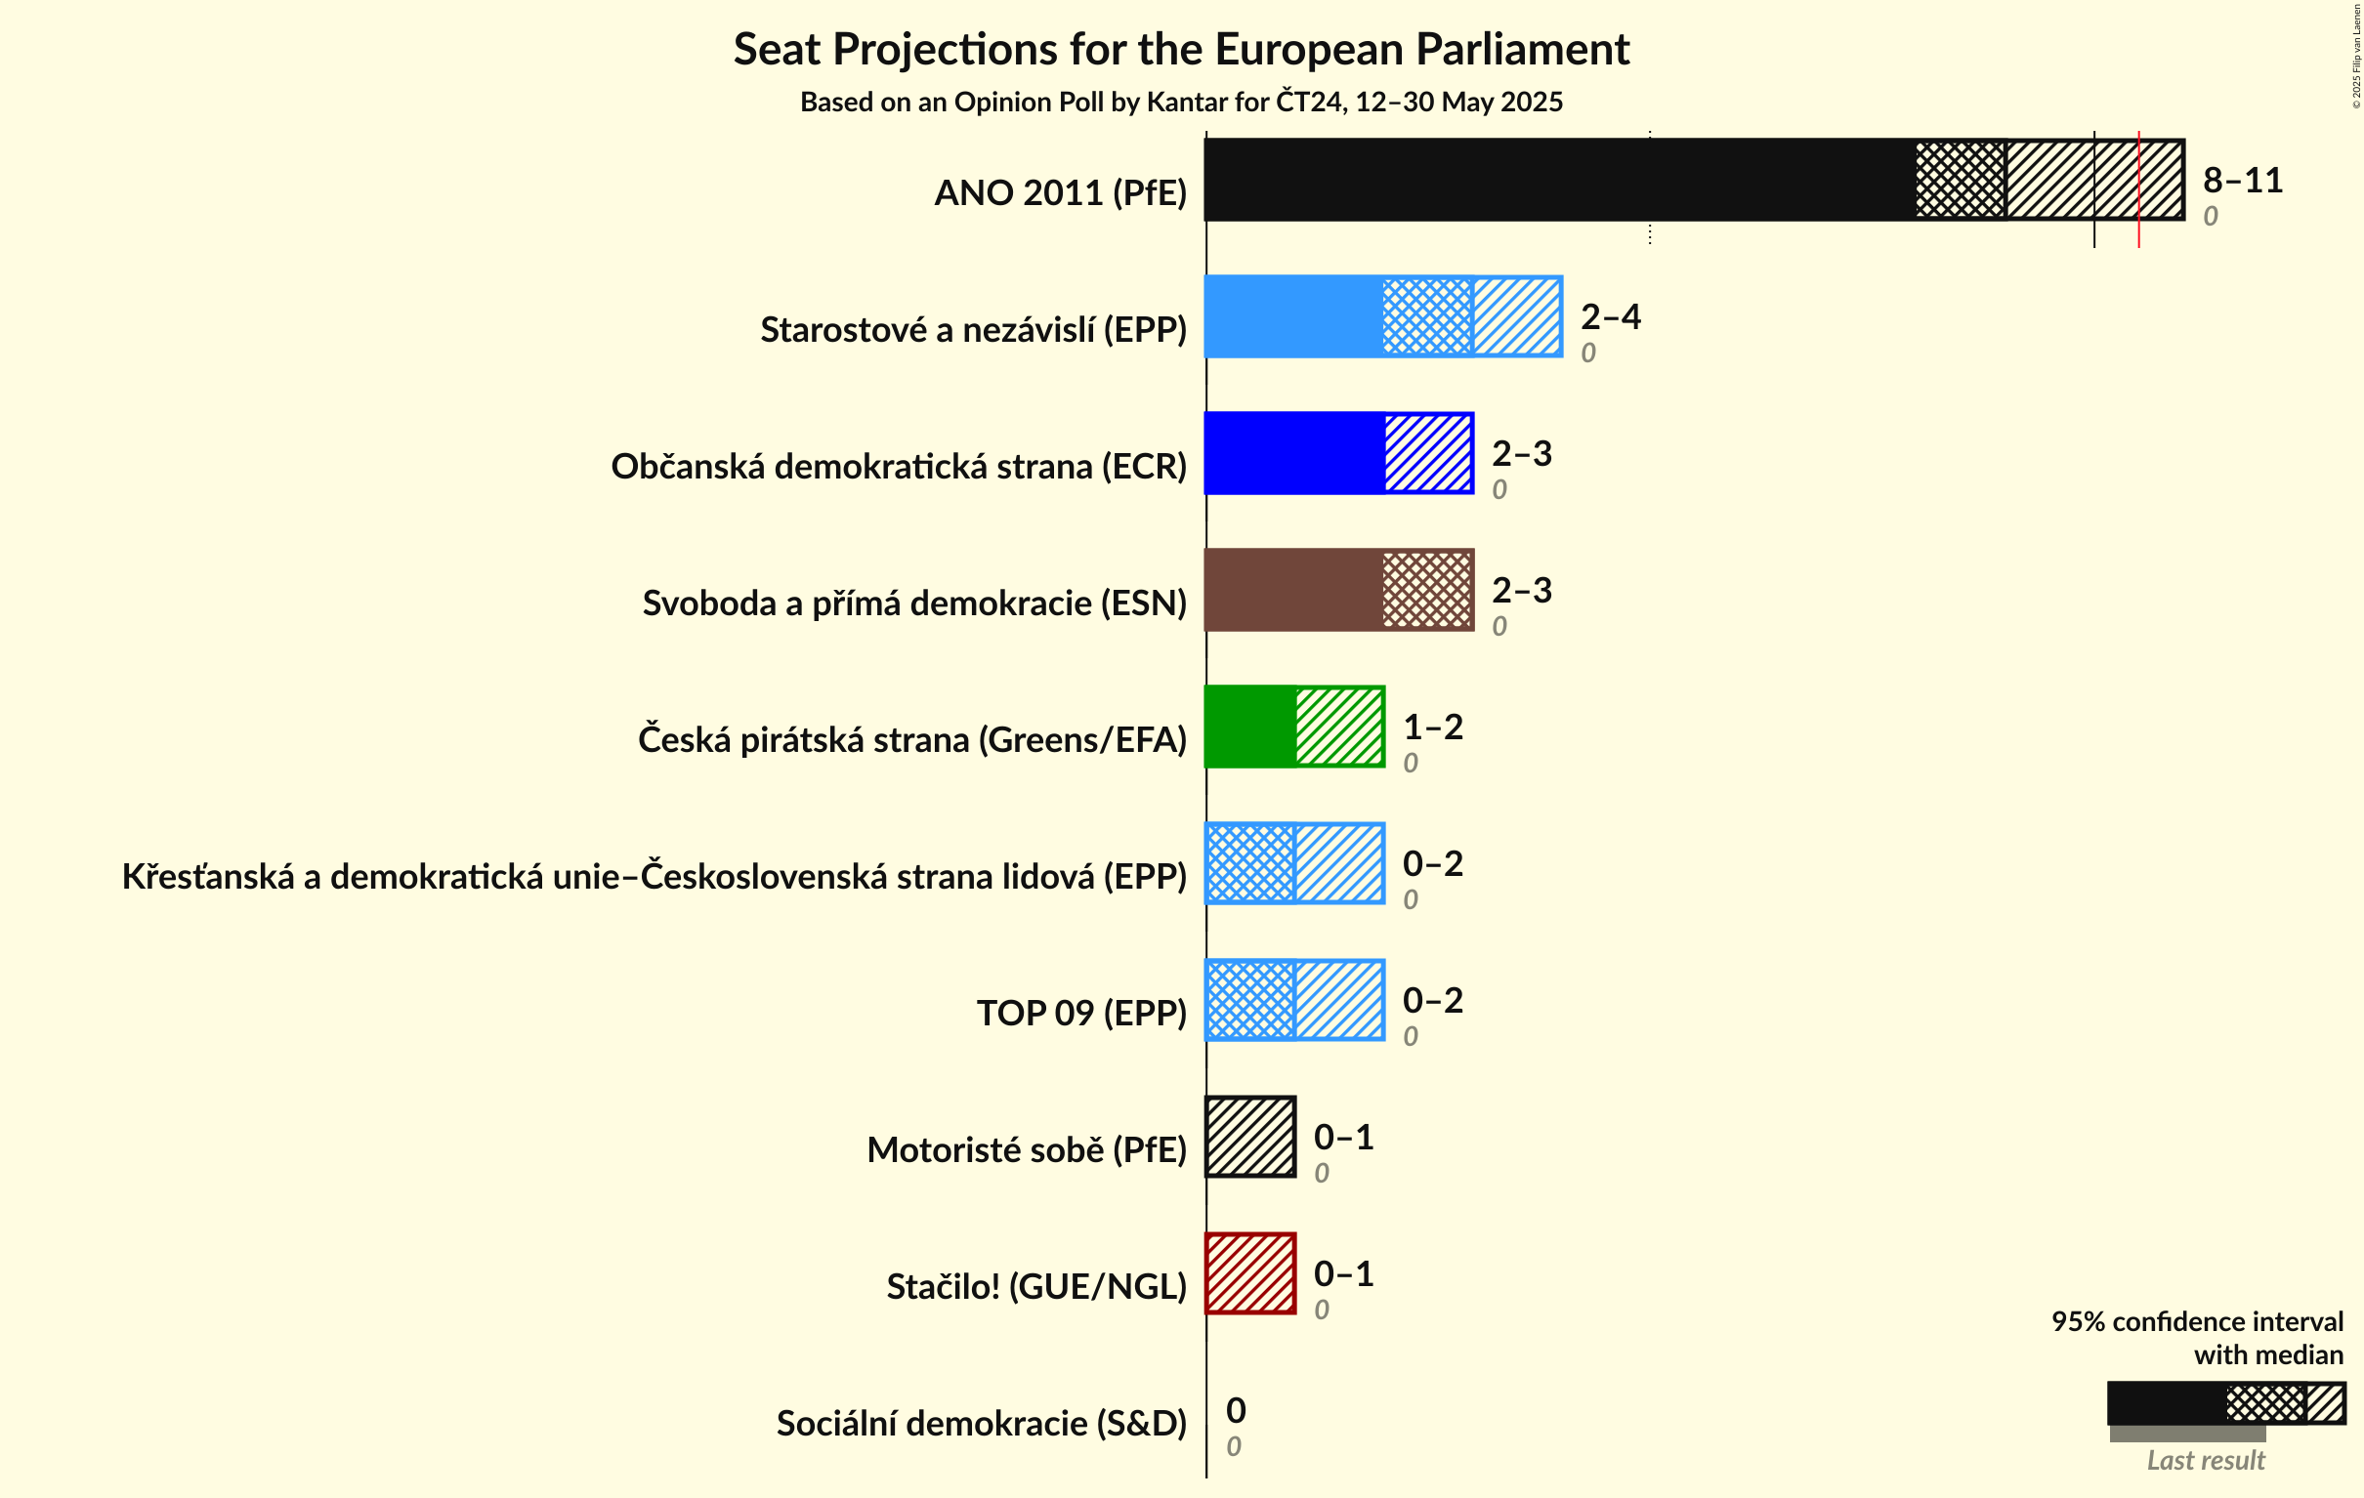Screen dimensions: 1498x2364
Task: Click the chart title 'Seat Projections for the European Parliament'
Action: tap(1181, 50)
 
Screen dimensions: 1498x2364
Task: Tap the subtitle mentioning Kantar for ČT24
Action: tap(1181, 103)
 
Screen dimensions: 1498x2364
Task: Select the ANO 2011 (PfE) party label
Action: tap(1060, 193)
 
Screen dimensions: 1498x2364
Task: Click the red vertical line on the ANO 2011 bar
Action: tap(2138, 187)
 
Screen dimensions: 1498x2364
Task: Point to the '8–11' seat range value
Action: tap(2242, 181)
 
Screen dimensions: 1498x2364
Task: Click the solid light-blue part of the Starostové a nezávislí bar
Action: tap(1293, 317)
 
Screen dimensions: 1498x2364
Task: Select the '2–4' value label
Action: tap(1610, 317)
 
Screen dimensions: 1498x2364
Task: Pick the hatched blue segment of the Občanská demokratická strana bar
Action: tap(1428, 453)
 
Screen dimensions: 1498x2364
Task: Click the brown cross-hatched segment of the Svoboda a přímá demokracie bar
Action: tap(1426, 590)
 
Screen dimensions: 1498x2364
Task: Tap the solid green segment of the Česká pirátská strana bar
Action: tap(1249, 727)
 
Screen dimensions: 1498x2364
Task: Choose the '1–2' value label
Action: tap(1432, 728)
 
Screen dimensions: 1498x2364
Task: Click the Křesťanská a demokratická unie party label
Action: tap(654, 877)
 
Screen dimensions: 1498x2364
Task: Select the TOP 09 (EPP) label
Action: tap(1080, 1013)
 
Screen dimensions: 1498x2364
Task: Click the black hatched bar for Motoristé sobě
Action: tap(1250, 1137)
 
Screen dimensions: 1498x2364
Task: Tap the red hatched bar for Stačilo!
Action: tap(1250, 1273)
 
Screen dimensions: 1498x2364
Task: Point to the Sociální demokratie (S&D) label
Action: tap(981, 1424)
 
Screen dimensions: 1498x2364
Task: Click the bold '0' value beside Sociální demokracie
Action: tap(1236, 1411)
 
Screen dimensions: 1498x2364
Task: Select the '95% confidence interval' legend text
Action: tap(2196, 1322)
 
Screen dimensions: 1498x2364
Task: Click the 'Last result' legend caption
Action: tap(2205, 1461)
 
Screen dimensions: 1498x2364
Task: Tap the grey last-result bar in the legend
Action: tap(2186, 1435)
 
